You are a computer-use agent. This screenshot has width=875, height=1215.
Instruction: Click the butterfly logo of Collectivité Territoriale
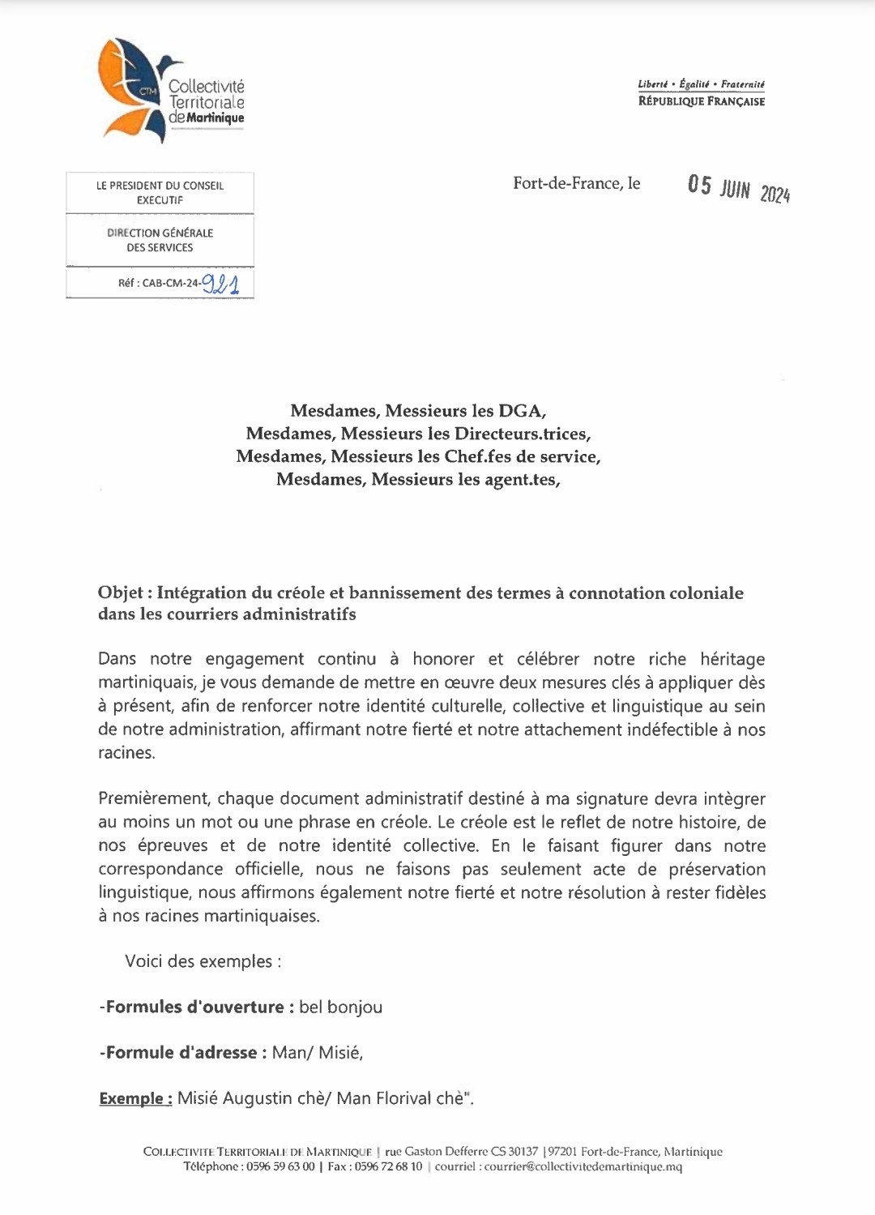pos(130,88)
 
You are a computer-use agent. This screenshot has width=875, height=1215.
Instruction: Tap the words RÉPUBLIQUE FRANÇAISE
pos(701,101)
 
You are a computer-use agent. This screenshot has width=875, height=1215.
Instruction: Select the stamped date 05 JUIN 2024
pos(739,189)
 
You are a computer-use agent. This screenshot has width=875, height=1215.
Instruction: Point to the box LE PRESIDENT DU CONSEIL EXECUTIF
pos(160,193)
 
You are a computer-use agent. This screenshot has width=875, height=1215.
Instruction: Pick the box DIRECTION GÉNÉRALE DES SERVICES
pos(160,240)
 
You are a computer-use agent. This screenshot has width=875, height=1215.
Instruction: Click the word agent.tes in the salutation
pos(522,479)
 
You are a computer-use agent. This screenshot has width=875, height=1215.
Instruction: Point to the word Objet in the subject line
pos(121,593)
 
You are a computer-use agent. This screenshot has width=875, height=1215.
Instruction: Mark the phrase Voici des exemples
pos(203,961)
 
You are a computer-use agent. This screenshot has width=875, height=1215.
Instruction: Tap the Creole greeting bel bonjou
pos(340,1008)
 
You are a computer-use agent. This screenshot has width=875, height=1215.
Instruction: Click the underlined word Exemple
pos(134,1099)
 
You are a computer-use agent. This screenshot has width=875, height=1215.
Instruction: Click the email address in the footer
pos(583,1167)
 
